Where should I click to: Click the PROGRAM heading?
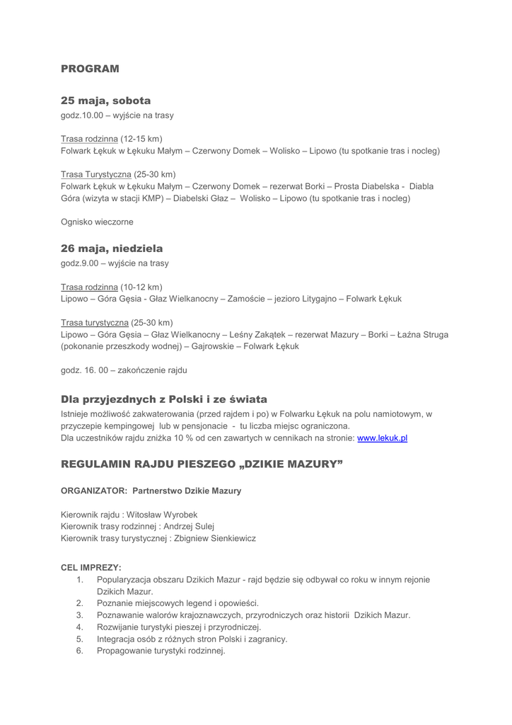90,69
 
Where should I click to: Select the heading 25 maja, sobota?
105,101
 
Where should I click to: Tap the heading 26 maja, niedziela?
112,249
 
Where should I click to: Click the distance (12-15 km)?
141,138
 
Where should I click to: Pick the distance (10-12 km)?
141,287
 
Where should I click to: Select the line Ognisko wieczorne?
97,222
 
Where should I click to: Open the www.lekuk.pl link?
382,438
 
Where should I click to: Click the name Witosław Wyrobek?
162,515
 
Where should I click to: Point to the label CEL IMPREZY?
91,568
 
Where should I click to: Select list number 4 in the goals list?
81,627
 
